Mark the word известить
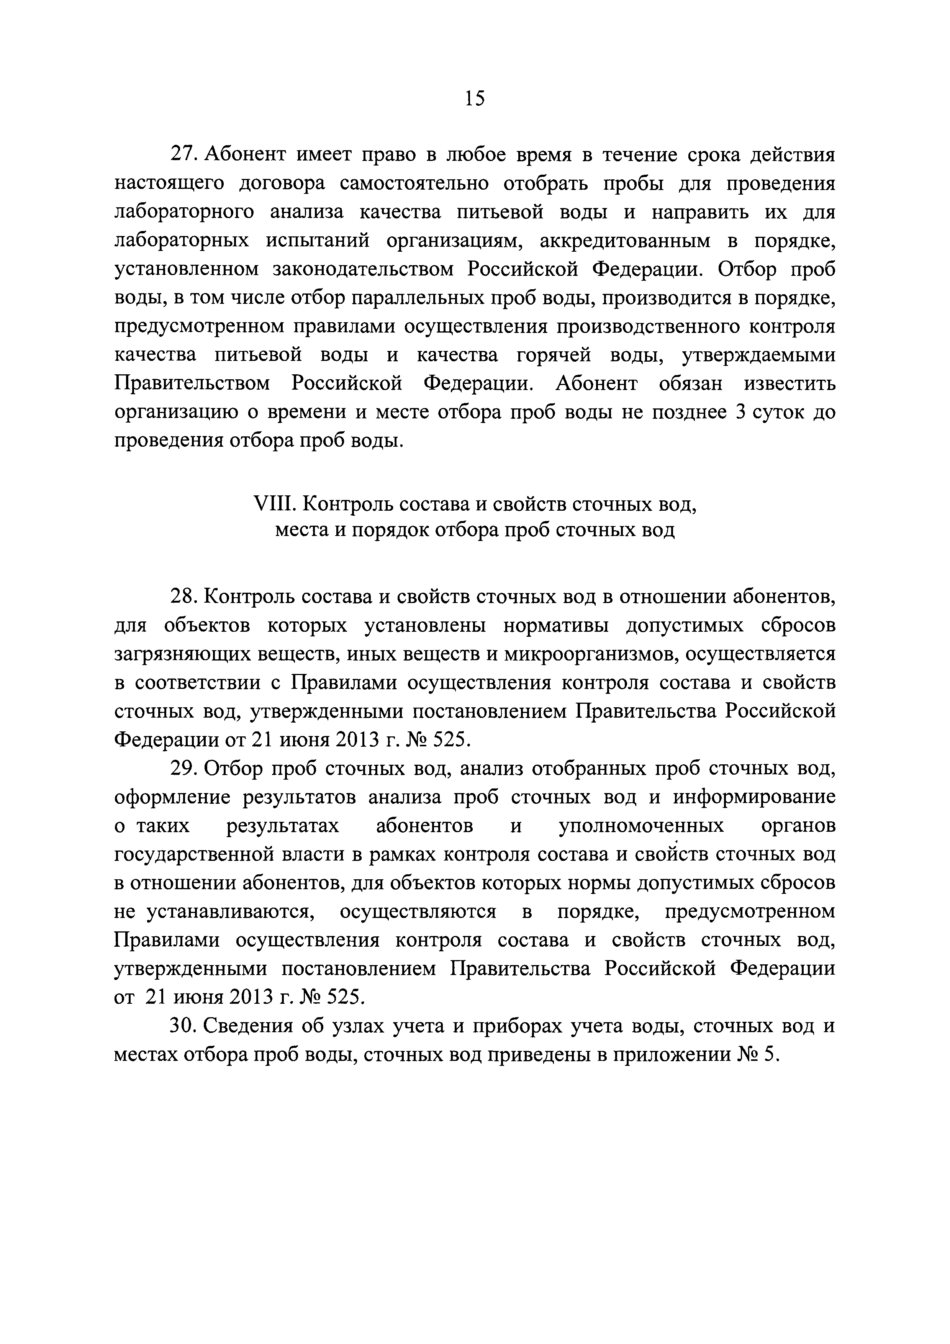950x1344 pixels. point(789,384)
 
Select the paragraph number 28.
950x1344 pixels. point(184,597)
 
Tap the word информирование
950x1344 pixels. point(754,797)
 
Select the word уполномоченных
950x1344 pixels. point(642,826)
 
